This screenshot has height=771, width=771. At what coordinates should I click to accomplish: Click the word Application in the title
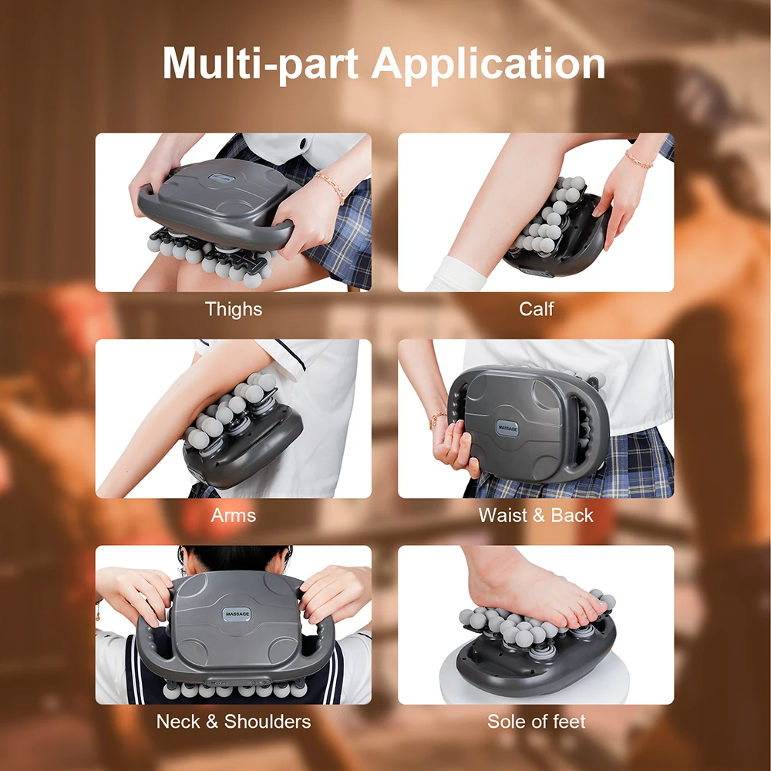coord(489,65)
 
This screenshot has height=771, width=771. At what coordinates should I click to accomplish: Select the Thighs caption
coord(233,309)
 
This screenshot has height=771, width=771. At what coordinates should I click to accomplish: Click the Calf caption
coord(536,309)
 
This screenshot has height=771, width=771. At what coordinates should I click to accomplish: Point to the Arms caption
coord(233,515)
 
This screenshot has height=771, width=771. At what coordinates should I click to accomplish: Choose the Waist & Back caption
coord(536,515)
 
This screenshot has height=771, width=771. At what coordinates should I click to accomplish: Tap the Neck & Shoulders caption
coord(233,722)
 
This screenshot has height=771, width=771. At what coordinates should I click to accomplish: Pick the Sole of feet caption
coord(536,722)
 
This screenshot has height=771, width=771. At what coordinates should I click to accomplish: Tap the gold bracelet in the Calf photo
coord(638,160)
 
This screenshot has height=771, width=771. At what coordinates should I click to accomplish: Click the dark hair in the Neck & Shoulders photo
coord(231,557)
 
